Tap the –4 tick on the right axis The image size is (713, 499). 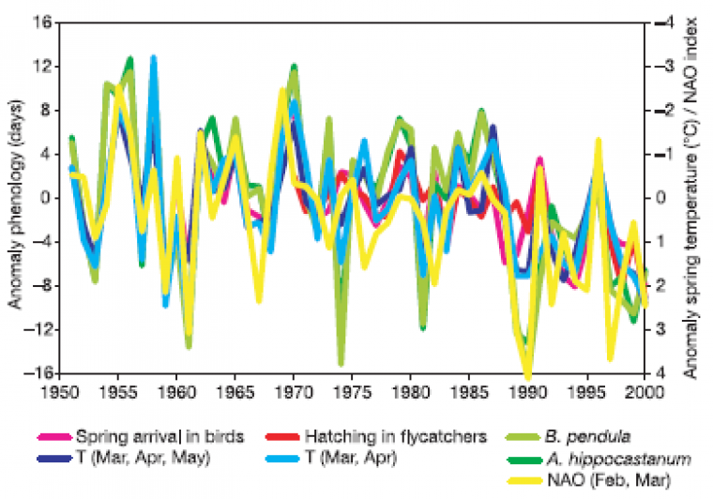point(664,23)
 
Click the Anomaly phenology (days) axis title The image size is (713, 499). point(15,196)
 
